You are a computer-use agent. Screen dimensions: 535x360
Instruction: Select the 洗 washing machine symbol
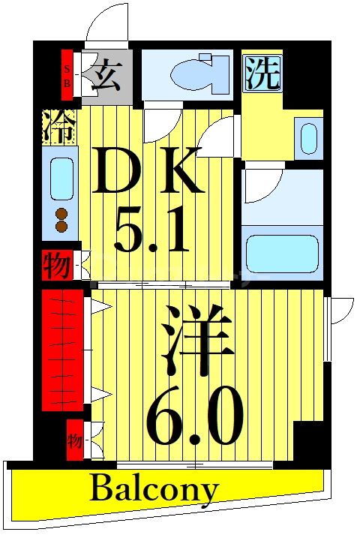pos(263,73)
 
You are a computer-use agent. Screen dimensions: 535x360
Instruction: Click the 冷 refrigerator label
pos(58,127)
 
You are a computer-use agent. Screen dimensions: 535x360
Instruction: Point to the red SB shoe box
pos(67,74)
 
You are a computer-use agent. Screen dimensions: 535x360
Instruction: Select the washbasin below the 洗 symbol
pos(308,138)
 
